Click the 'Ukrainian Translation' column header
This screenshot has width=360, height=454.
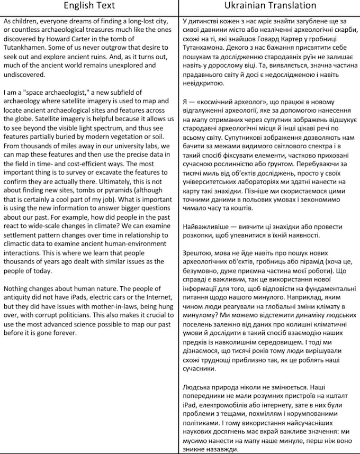tap(269, 6)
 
